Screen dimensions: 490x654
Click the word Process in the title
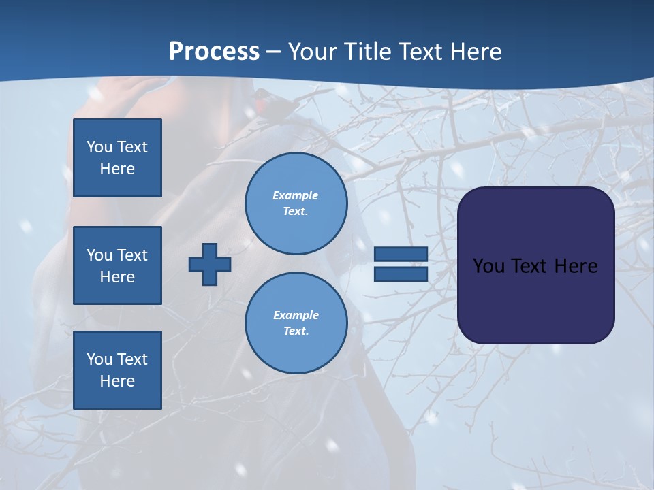pyautogui.click(x=214, y=52)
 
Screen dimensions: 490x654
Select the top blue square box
pyautogui.click(x=117, y=158)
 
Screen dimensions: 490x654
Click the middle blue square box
pyautogui.click(x=117, y=265)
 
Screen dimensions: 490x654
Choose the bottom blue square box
pyautogui.click(x=117, y=370)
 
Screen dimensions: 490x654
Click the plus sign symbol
pyautogui.click(x=209, y=264)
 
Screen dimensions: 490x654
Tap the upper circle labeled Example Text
pyautogui.click(x=296, y=203)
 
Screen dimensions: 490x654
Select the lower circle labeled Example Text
pyautogui.click(x=296, y=323)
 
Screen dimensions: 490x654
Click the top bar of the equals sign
pyautogui.click(x=401, y=254)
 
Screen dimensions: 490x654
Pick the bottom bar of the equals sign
pyautogui.click(x=401, y=274)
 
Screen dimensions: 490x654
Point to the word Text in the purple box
pyautogui.click(x=529, y=266)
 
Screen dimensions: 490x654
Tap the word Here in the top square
pyautogui.click(x=117, y=169)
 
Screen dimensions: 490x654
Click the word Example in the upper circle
pyautogui.click(x=296, y=195)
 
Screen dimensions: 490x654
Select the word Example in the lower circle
pyautogui.click(x=296, y=315)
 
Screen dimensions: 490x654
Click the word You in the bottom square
pyautogui.click(x=99, y=359)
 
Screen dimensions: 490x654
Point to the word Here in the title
pyautogui.click(x=474, y=52)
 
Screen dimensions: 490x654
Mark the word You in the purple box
pyautogui.click(x=488, y=266)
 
